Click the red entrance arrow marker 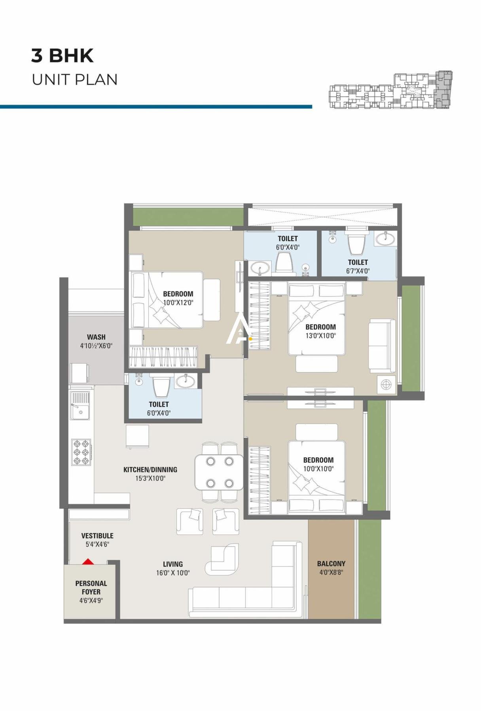(88, 561)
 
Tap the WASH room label (96, 337)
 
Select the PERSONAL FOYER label (91, 587)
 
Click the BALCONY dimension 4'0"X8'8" (331, 572)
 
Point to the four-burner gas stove (81, 452)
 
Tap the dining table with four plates (219, 472)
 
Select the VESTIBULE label (97, 536)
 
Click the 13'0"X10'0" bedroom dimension (320, 336)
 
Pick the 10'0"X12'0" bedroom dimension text (178, 303)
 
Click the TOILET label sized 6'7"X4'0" (358, 262)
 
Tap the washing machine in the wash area (80, 373)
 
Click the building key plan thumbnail (391, 90)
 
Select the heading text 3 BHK (62, 56)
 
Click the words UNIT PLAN (75, 80)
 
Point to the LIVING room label (173, 564)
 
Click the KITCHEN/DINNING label (150, 470)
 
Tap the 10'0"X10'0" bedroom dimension (318, 469)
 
